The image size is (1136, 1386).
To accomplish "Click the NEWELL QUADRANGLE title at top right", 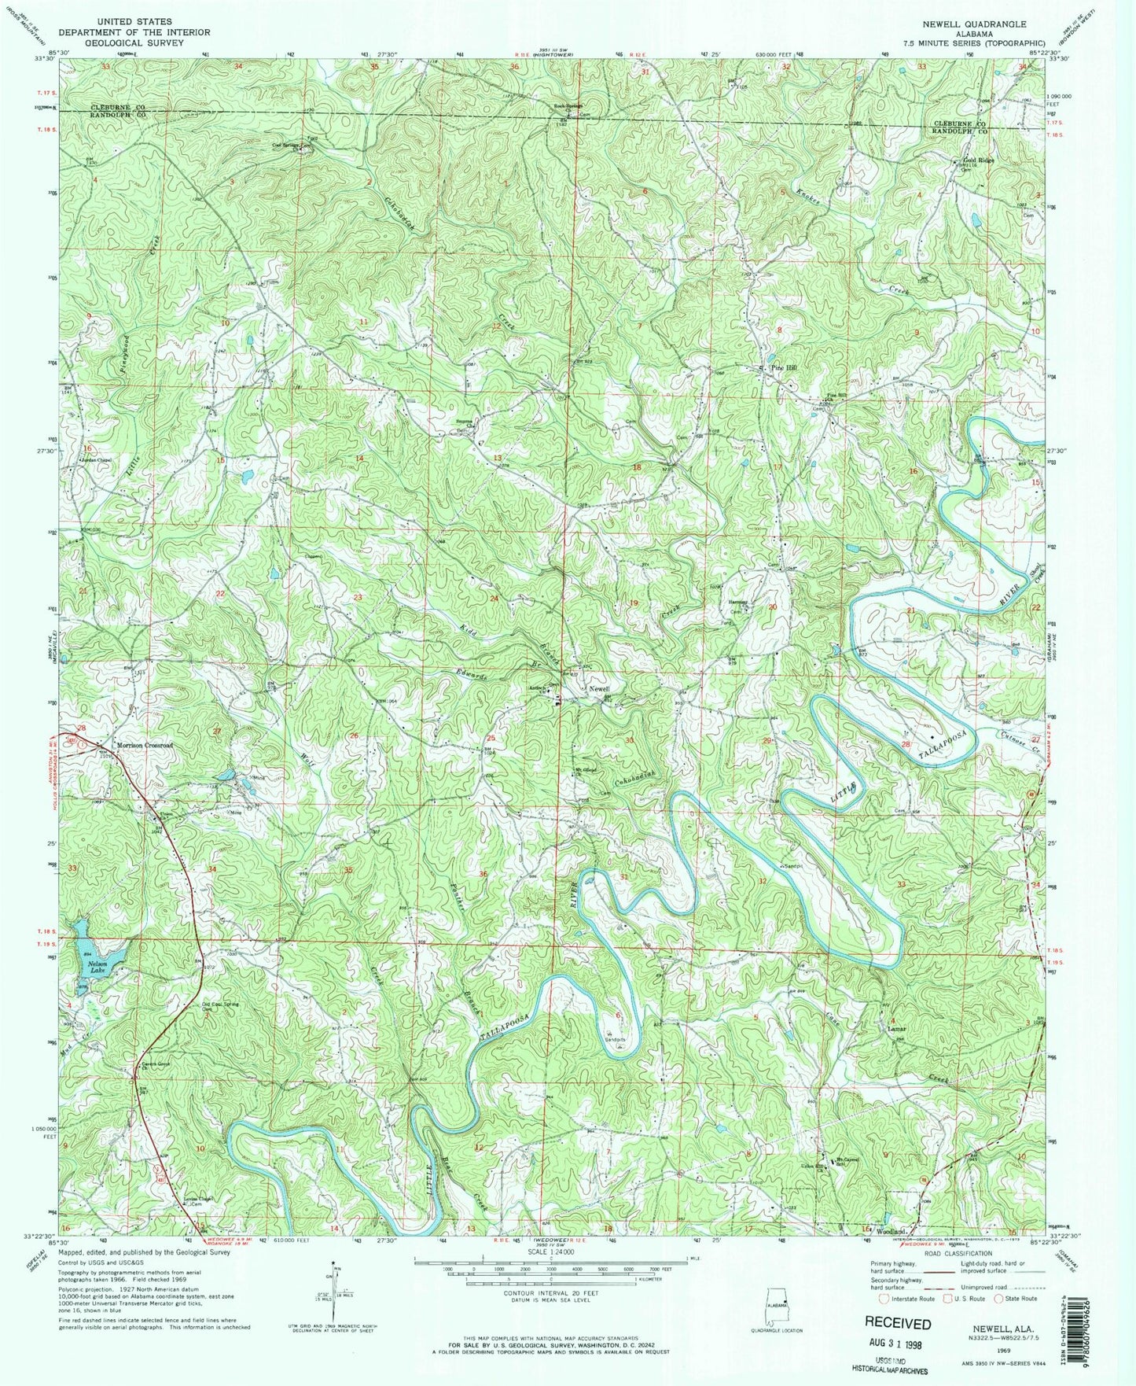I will tap(974, 24).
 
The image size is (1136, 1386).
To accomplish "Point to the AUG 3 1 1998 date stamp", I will tap(898, 1340).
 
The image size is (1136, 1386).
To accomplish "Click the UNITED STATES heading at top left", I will tap(133, 22).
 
